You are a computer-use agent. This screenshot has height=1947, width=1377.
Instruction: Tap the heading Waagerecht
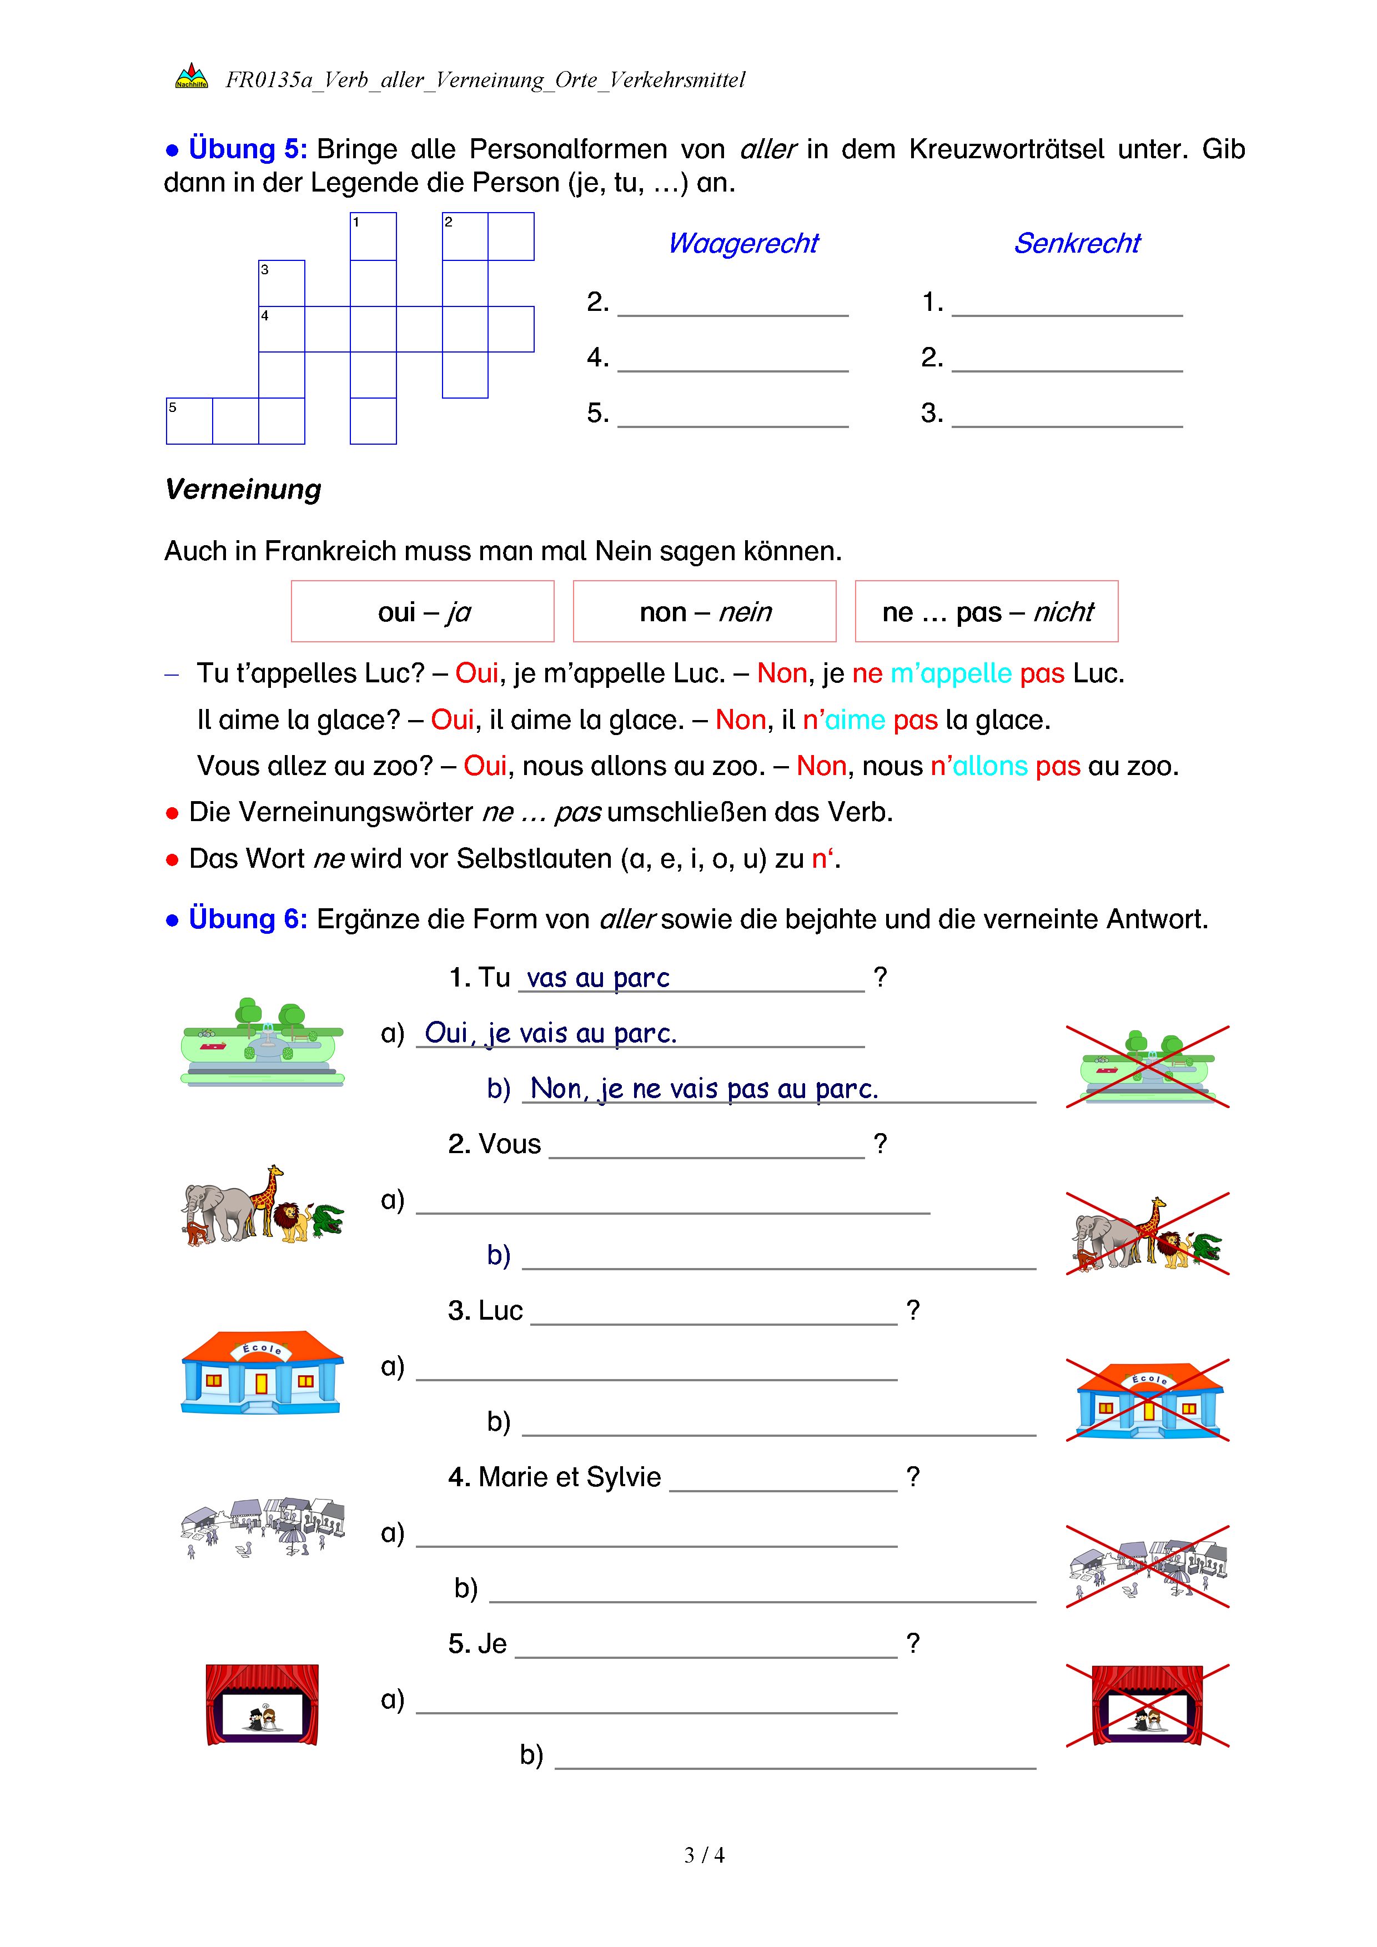tap(743, 243)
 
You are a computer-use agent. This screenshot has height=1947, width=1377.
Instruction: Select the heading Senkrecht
tap(1077, 243)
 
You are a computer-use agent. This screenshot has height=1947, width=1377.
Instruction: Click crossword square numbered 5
tap(189, 421)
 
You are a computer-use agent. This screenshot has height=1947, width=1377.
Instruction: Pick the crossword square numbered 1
tap(373, 236)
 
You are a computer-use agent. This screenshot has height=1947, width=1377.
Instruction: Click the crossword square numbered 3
tap(282, 283)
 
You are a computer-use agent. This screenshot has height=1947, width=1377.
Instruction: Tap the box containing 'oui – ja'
tap(422, 611)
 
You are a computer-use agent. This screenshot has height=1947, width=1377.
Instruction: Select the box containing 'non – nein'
tap(705, 611)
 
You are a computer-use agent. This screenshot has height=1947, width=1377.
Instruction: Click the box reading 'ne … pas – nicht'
tap(986, 611)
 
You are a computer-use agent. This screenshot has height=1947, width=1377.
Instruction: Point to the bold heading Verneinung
tap(243, 489)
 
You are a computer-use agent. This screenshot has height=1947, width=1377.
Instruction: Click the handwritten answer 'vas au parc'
tap(598, 978)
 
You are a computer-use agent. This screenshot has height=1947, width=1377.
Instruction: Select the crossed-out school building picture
tap(1148, 1400)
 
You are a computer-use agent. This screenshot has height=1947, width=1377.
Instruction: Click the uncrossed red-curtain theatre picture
tap(262, 1704)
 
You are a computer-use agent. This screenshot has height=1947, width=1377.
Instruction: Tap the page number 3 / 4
tap(703, 1855)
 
